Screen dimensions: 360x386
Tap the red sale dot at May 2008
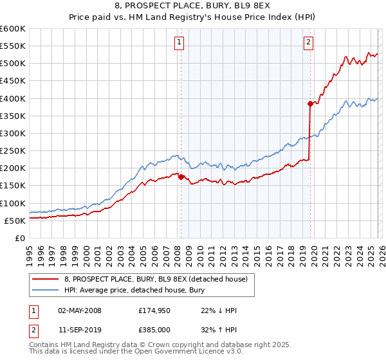[x=181, y=177]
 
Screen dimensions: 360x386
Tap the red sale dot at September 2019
[x=310, y=104]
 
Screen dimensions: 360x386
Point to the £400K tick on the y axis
[x=13, y=98]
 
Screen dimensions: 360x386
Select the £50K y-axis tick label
[x=15, y=221]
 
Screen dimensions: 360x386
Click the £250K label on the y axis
[x=13, y=150]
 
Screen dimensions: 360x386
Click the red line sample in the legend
[x=46, y=278]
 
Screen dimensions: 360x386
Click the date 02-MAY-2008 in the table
[x=79, y=310]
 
